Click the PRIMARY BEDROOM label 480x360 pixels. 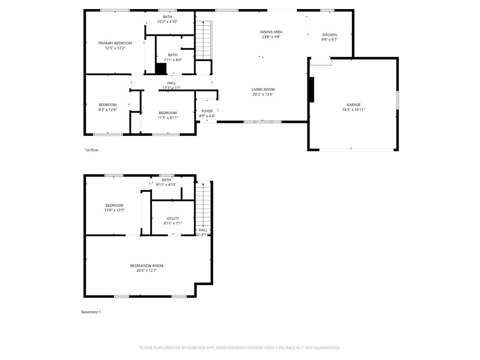115,43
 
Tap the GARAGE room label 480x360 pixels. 353,105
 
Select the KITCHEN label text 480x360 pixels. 329,35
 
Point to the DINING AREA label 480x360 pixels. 271,32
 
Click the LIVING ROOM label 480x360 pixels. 263,90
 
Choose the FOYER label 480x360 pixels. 207,111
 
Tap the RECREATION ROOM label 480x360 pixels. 146,266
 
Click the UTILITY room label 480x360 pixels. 173,218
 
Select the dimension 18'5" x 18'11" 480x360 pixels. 353,110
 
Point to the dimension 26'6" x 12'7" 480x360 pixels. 146,270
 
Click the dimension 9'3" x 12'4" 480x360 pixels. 108,110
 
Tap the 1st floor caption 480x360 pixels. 91,150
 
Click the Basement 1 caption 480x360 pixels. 91,312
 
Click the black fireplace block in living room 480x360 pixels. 311,90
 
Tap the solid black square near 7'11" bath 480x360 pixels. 161,69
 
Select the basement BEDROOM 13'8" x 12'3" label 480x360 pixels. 114,205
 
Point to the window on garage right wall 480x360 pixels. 397,100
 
